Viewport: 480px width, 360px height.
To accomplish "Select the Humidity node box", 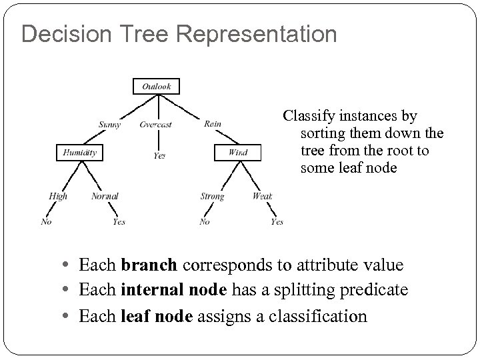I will coord(79,153).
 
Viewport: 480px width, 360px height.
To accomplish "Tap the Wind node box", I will coord(237,153).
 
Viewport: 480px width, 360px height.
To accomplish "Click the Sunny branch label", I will coord(109,124).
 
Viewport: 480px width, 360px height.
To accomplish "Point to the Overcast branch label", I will coord(156,124).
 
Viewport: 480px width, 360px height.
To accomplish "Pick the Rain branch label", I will coord(213,123).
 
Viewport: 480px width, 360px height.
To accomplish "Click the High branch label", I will coord(58,196).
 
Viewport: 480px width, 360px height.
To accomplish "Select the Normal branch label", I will coord(105,196).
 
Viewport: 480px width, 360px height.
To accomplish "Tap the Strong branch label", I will coord(212,196).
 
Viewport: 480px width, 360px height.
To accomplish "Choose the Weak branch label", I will coord(262,196).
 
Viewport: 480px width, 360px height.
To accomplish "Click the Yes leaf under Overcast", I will coord(159,155).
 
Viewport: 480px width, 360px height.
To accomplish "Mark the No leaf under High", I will coord(46,222).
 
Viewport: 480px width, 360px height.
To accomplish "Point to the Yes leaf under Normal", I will coord(119,222).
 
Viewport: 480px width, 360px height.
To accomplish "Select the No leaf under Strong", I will coord(205,222).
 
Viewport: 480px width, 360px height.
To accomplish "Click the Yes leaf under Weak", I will coord(277,222).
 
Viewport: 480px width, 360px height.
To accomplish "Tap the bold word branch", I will coord(149,265).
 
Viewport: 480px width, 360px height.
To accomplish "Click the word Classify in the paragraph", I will coord(307,116).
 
